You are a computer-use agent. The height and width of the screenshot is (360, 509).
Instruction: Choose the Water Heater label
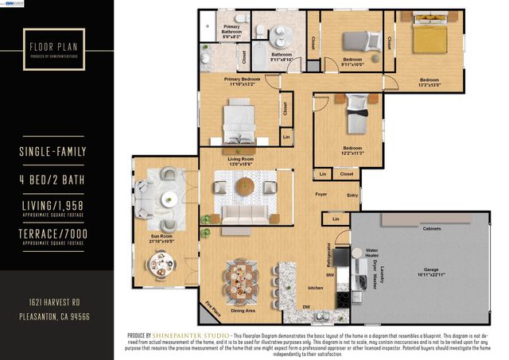coord(371,253)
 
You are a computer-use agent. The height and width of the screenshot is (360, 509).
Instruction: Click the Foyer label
coord(321,194)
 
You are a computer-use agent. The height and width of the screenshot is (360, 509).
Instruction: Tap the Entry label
coord(352,194)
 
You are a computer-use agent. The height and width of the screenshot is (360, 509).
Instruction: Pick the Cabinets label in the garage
coord(431,229)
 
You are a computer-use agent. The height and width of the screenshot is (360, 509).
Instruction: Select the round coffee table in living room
coord(243,185)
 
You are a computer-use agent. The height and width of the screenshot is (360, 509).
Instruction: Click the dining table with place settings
coord(239,278)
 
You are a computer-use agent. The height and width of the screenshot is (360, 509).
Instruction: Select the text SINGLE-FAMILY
coord(52,151)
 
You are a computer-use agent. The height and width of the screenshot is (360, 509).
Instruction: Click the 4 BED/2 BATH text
coord(52,180)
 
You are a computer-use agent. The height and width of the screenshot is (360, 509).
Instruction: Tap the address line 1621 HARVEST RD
coord(52,304)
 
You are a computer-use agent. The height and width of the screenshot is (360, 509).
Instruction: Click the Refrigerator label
coord(328,255)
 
